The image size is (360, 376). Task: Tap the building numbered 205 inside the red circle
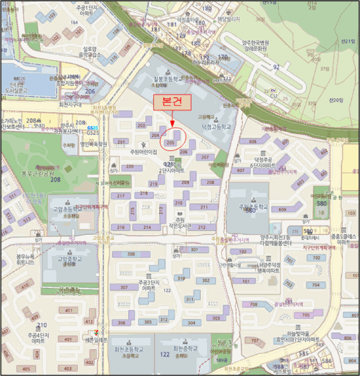[171, 142]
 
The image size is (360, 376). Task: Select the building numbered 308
[130, 254]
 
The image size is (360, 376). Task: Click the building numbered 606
[252, 141]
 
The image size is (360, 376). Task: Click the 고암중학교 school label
[68, 260]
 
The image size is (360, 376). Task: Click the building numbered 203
[142, 126]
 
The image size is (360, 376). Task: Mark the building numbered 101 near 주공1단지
[79, 31]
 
